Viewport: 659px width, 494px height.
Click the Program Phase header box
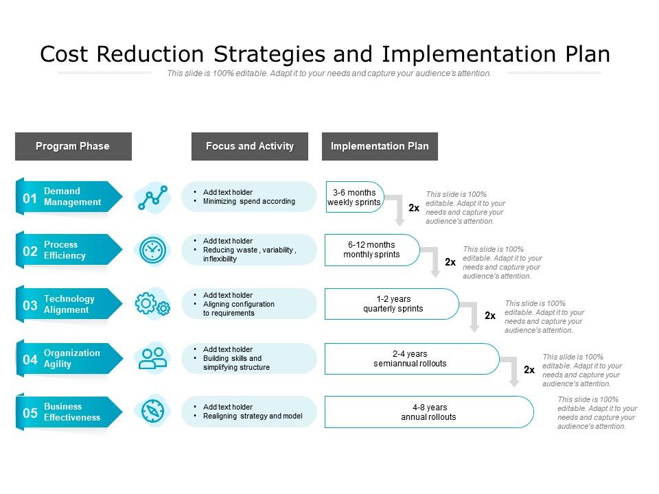click(73, 146)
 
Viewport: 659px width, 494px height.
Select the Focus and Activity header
click(250, 146)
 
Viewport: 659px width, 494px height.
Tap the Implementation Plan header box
click(380, 146)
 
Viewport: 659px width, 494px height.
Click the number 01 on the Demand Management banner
click(30, 198)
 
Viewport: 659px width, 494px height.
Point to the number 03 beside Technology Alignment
click(30, 305)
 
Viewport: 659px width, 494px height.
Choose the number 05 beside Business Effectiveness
click(30, 413)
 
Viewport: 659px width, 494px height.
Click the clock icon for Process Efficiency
click(152, 250)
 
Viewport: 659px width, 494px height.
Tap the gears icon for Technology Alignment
click(152, 304)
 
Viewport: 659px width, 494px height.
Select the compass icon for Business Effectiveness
click(152, 411)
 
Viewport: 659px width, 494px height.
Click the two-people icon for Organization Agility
click(152, 357)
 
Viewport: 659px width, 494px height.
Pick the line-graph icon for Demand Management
click(152, 198)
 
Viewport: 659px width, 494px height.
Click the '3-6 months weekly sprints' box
click(354, 198)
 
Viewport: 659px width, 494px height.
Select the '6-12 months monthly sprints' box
click(371, 250)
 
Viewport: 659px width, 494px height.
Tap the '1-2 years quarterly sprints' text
click(393, 304)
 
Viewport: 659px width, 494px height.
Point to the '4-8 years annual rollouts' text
click(428, 412)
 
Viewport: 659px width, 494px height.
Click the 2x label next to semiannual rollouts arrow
click(529, 370)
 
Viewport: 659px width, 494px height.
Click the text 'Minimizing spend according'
click(249, 202)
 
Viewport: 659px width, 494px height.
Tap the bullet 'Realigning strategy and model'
click(253, 416)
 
